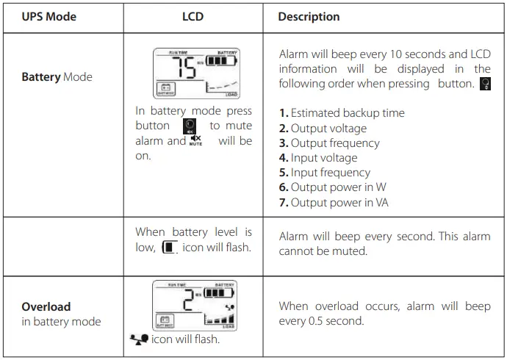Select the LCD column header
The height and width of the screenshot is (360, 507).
click(x=193, y=17)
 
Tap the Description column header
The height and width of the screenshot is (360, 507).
click(x=309, y=17)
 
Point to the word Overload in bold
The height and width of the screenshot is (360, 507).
click(x=46, y=306)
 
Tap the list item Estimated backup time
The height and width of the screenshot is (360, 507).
click(x=342, y=113)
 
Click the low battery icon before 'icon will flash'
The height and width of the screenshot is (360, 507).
click(x=169, y=248)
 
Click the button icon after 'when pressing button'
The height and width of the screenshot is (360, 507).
click(x=484, y=84)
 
